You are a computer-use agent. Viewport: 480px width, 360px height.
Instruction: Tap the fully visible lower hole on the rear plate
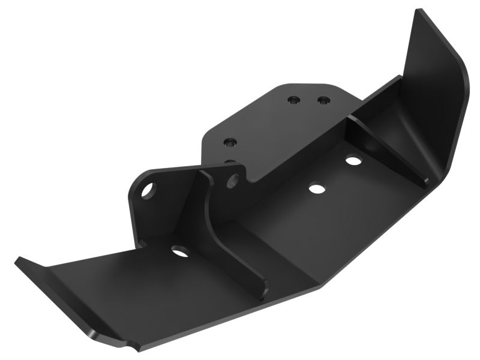click(230, 143)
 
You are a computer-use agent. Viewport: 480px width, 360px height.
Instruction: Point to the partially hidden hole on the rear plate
click(230, 161)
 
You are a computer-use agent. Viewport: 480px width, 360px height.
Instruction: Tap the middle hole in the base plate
click(314, 188)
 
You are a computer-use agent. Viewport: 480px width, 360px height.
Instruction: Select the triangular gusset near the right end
click(390, 144)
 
